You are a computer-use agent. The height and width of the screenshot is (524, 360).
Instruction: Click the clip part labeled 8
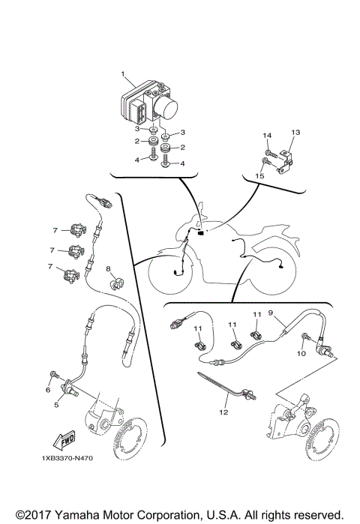[x=115, y=284]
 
